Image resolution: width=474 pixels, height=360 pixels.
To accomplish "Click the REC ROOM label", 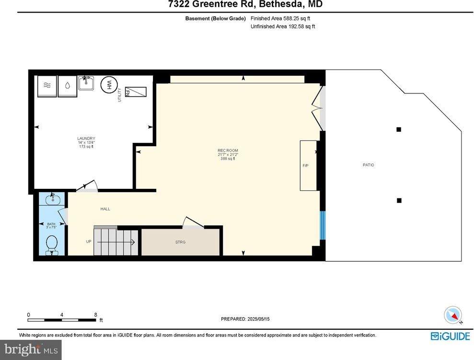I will pyautogui.click(x=228, y=151).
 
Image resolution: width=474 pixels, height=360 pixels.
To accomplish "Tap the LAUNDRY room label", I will pyautogui.click(x=86, y=139).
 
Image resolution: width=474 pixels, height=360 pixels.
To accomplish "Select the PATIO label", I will pyautogui.click(x=368, y=165).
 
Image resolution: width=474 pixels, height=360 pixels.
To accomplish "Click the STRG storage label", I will pyautogui.click(x=180, y=242).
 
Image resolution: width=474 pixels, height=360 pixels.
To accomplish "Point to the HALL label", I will pyautogui.click(x=105, y=209).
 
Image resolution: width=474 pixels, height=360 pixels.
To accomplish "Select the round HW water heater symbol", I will pyautogui.click(x=109, y=85).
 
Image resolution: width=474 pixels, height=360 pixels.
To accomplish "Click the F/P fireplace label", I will pyautogui.click(x=305, y=165).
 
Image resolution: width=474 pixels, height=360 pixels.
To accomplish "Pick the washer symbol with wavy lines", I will pyautogui.click(x=47, y=86).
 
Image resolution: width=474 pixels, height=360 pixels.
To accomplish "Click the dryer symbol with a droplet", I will pyautogui.click(x=68, y=86).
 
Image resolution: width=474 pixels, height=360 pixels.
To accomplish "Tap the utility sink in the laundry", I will pyautogui.click(x=86, y=83).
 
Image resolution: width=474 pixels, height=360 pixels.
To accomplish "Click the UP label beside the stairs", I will pyautogui.click(x=89, y=242).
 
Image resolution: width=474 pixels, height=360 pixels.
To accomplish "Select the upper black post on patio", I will pyautogui.click(x=398, y=129).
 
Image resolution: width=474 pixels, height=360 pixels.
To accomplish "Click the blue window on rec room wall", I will pyautogui.click(x=323, y=225).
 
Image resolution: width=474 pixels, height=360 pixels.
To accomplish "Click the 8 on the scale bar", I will pyautogui.click(x=96, y=314).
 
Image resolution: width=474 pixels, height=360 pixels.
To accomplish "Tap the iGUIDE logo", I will pyautogui.click(x=450, y=336).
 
